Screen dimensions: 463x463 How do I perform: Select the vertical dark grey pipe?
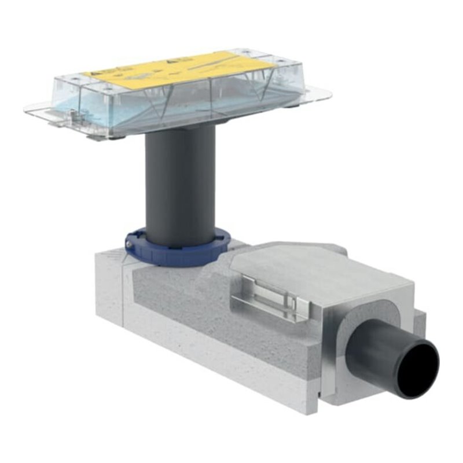tap(179, 185)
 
